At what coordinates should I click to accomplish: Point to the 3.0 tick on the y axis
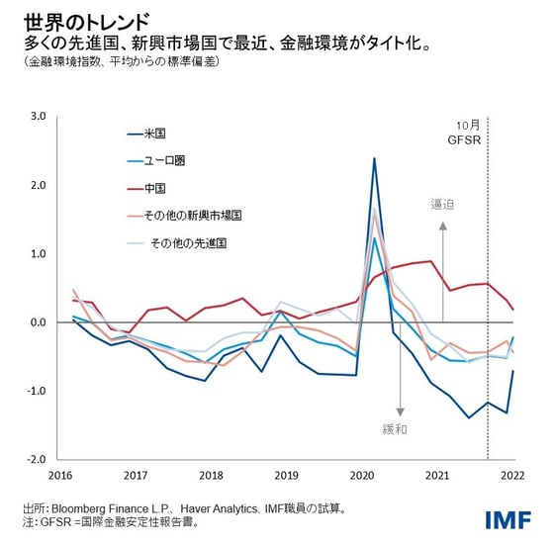coord(39,116)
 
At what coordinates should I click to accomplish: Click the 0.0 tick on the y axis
coord(39,322)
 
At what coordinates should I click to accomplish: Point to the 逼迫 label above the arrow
coord(442,204)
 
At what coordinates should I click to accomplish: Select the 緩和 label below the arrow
coord(394,430)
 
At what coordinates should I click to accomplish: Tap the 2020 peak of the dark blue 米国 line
coord(374,158)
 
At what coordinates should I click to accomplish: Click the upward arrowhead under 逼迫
coord(443,226)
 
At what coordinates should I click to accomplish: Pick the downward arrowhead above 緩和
coord(401,410)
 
